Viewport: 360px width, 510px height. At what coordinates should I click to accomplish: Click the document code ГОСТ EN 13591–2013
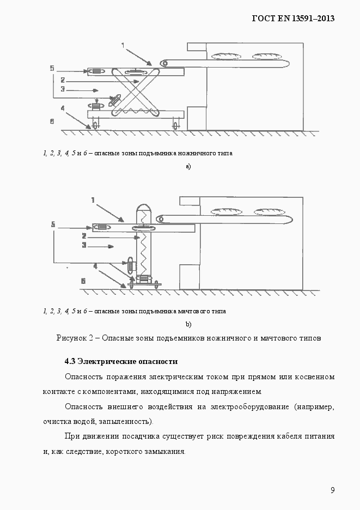tap(292, 18)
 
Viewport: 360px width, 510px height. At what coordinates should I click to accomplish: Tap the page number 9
tap(332, 490)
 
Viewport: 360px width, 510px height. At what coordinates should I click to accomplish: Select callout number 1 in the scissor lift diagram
tap(123, 45)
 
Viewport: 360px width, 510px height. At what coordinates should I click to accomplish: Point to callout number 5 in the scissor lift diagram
tap(52, 69)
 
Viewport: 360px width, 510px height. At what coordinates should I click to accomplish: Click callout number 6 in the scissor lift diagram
tap(52, 122)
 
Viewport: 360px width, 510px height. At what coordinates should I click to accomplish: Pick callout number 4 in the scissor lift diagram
tap(63, 108)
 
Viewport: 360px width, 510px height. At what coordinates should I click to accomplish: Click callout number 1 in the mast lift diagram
tap(93, 201)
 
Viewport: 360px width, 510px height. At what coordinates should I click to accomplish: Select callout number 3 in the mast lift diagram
tap(84, 246)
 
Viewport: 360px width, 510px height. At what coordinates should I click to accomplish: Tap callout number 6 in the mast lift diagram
tap(83, 281)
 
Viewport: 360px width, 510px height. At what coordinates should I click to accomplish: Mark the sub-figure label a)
tap(188, 167)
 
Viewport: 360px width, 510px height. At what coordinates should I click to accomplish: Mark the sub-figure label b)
tap(188, 325)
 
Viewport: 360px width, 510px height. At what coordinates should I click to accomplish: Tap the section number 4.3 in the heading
tap(70, 361)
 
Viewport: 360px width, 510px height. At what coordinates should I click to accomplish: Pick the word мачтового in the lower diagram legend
tap(194, 311)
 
